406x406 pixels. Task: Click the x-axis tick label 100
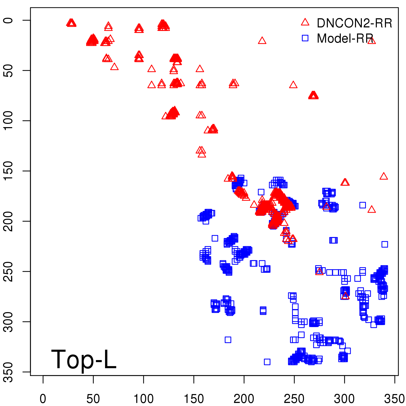[143, 399]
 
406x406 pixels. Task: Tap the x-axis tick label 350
[394, 399]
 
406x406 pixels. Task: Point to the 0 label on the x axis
[43, 399]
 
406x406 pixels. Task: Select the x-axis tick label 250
[294, 399]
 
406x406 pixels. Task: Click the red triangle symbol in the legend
[305, 22]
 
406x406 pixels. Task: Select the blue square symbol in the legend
[305, 38]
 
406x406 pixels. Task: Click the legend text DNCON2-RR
[354, 23]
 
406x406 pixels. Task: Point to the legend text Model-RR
[345, 39]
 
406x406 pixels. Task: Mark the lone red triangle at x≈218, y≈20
[262, 41]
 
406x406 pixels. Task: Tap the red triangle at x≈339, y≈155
[384, 176]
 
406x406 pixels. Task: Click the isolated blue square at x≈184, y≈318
[228, 340]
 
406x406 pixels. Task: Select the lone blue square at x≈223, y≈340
[267, 362]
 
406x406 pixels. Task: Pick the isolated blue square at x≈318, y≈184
[363, 205]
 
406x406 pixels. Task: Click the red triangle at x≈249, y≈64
[293, 85]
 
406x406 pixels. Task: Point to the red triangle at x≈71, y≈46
[114, 67]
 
